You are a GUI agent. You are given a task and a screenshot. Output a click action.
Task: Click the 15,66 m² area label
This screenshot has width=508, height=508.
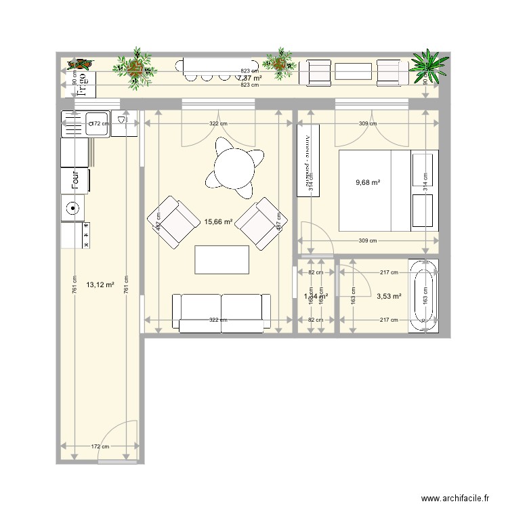click(218, 221)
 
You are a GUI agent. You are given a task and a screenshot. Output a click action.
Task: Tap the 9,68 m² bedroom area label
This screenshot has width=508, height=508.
click(368, 182)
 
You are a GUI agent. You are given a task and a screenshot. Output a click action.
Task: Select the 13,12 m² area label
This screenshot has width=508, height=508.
click(100, 285)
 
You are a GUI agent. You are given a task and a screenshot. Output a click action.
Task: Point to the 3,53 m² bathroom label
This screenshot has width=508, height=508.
click(388, 296)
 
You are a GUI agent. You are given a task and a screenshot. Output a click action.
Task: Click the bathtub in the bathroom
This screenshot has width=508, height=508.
click(425, 295)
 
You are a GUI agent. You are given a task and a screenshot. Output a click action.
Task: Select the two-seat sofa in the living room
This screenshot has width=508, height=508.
click(221, 312)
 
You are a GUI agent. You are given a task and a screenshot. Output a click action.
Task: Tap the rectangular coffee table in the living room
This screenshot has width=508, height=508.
click(221, 258)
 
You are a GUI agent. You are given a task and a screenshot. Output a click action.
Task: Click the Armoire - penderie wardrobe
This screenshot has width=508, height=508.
click(308, 161)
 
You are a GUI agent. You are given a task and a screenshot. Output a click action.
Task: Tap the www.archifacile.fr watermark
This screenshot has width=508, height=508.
click(454, 497)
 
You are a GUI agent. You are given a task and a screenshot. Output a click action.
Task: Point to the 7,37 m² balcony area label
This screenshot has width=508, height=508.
click(249, 78)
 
